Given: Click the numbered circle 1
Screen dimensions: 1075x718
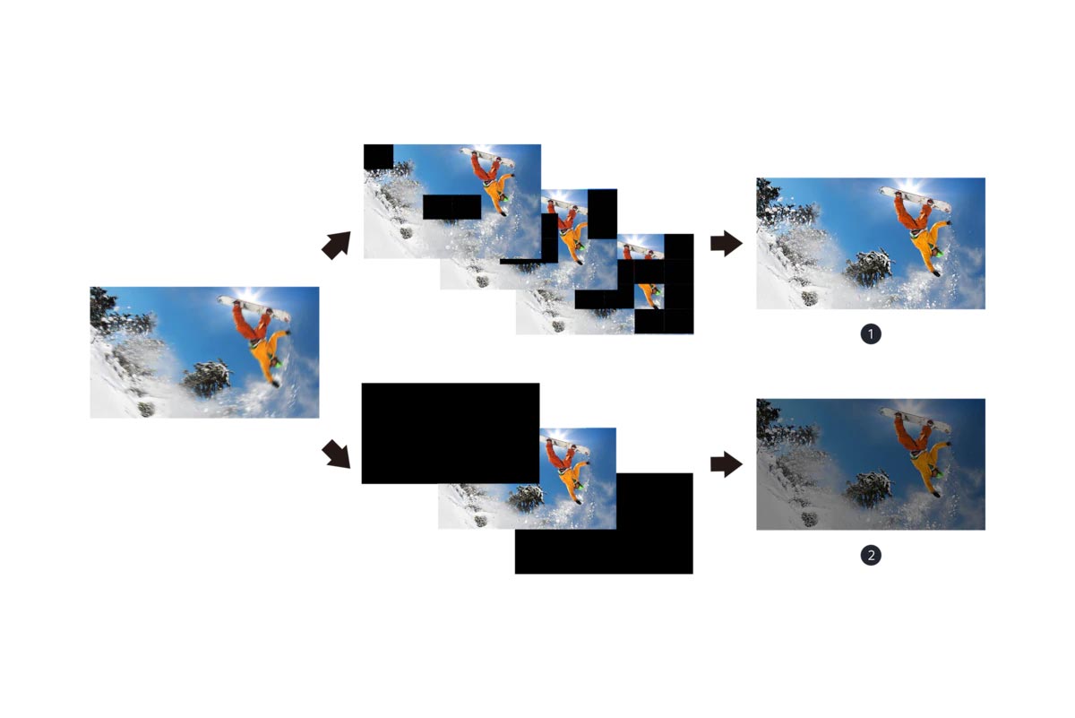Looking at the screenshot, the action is click(x=871, y=334).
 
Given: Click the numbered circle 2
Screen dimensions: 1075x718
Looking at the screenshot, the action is click(x=871, y=556).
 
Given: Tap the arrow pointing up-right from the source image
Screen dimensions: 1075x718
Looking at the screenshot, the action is click(x=337, y=245).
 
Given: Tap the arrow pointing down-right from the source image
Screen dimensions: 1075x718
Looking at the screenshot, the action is click(x=336, y=454).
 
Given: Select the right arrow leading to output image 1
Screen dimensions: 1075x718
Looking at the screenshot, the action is click(x=727, y=244).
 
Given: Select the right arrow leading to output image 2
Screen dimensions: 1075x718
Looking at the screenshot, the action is click(x=727, y=464).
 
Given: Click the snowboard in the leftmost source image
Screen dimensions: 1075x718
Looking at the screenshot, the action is click(x=254, y=309).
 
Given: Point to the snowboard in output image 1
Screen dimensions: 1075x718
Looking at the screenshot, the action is click(x=916, y=200).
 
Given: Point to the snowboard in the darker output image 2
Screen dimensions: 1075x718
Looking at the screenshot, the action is click(x=916, y=420).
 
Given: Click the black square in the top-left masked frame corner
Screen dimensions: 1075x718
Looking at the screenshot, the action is click(x=378, y=157).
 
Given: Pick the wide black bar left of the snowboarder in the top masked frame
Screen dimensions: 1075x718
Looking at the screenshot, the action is click(x=451, y=207).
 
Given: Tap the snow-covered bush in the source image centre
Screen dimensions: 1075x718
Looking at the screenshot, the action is click(x=207, y=378).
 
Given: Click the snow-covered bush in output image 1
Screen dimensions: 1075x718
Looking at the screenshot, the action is click(x=870, y=269).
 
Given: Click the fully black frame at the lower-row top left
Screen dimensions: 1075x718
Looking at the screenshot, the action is click(x=450, y=433).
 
